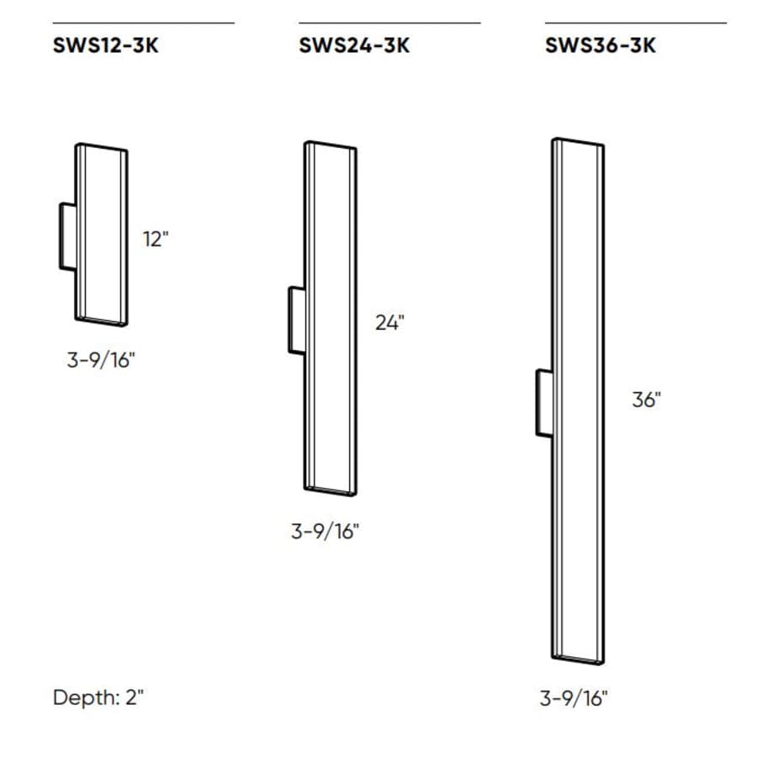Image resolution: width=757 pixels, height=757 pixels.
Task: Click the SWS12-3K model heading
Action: (x=105, y=45)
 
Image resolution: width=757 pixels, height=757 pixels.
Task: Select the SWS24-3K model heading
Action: (x=353, y=45)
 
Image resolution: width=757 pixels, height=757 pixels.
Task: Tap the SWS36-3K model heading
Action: (x=600, y=45)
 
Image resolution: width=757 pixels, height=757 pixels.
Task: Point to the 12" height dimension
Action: (x=156, y=239)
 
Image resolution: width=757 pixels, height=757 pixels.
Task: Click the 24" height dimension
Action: (x=389, y=322)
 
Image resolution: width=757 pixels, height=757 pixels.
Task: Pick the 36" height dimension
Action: (x=646, y=400)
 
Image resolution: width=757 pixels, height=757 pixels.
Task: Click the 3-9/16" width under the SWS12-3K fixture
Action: (x=101, y=361)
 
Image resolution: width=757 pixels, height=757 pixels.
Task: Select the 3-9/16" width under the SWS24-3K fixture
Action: (x=326, y=532)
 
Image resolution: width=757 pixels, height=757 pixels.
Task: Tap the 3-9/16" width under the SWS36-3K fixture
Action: (x=573, y=697)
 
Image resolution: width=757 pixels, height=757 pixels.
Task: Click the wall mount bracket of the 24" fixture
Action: (x=296, y=320)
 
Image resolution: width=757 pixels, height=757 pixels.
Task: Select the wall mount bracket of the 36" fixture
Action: (x=543, y=402)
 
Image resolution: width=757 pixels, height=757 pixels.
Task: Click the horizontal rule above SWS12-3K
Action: (x=143, y=23)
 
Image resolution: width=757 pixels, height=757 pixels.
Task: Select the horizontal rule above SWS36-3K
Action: (x=635, y=23)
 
